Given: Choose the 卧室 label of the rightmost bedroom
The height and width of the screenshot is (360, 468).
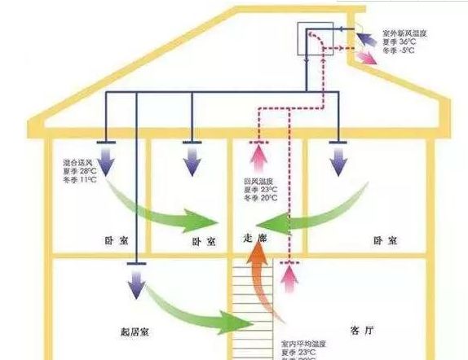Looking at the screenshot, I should coord(383,241).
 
